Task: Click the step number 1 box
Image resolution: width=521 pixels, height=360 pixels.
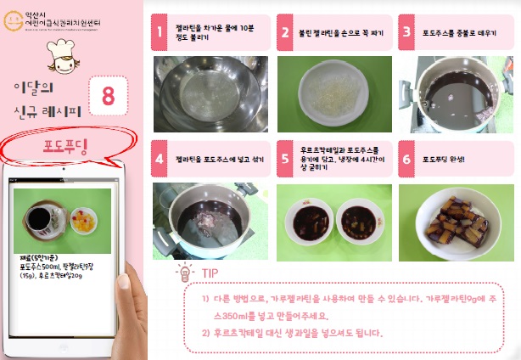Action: coord(159,32)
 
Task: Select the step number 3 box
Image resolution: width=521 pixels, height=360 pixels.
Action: coord(407,32)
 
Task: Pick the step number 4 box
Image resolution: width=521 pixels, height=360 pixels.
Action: coord(159,159)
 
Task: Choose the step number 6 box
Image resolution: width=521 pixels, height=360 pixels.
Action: coord(407,159)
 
